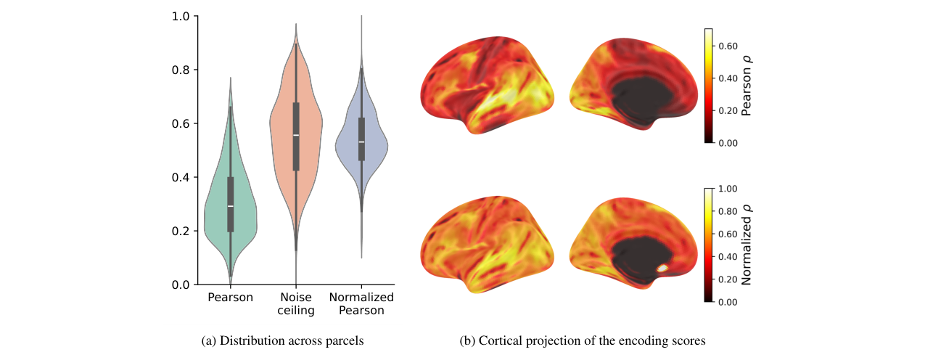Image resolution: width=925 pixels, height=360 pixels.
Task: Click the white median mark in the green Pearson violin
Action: coord(231,206)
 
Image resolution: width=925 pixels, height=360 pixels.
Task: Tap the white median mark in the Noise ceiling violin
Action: coord(296,135)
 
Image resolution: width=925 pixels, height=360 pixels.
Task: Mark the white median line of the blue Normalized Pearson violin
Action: coord(361,142)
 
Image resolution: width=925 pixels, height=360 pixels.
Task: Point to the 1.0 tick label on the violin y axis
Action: coord(181,17)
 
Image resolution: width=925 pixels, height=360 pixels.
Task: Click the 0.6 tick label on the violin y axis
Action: coord(181,123)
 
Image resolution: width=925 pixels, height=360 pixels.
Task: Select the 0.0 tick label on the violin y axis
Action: coord(181,285)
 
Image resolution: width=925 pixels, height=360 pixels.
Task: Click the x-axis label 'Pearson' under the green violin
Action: coord(231,297)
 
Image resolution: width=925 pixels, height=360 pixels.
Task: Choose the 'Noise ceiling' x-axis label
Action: coord(296,304)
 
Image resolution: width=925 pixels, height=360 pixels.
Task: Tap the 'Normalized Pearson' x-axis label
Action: coord(361,304)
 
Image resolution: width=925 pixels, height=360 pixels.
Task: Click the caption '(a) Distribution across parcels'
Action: coord(282,340)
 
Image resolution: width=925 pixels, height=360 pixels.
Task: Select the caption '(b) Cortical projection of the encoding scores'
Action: coord(583,340)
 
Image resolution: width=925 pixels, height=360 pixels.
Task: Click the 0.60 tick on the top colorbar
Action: coord(728,46)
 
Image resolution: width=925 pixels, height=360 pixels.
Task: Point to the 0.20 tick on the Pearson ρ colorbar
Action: coord(728,111)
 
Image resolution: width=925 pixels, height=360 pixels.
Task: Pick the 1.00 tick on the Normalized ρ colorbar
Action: coord(728,189)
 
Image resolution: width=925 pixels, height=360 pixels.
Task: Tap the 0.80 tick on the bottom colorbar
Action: coord(728,212)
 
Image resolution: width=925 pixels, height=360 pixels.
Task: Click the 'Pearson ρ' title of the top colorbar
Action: coord(747,86)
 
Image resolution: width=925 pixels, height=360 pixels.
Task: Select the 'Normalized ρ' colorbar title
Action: coord(747,245)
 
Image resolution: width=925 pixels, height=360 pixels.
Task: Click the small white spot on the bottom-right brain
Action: coord(662,268)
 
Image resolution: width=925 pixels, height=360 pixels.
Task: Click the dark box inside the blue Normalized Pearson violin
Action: coord(361,139)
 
